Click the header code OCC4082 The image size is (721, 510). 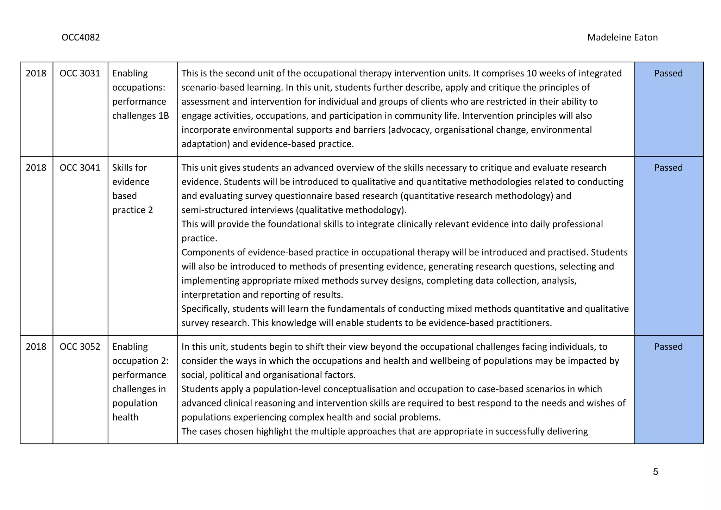coord(81,37)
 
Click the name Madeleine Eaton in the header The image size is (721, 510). coord(622,37)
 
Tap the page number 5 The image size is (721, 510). coord(655,472)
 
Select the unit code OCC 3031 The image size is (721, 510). coord(80,73)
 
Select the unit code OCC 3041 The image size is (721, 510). coord(80,168)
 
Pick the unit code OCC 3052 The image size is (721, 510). coord(80,347)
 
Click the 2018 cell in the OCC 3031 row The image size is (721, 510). coord(36,73)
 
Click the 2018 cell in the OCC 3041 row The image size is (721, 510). coord(36,168)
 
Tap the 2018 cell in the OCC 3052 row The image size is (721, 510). coord(36,347)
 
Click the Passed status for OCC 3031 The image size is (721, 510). coord(668,73)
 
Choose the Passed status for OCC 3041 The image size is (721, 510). coord(668,168)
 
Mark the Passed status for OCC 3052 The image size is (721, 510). coord(668,347)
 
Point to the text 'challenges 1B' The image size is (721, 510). coord(140,116)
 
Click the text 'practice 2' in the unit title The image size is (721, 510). coord(132,210)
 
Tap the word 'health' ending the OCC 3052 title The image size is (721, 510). coord(125,417)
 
